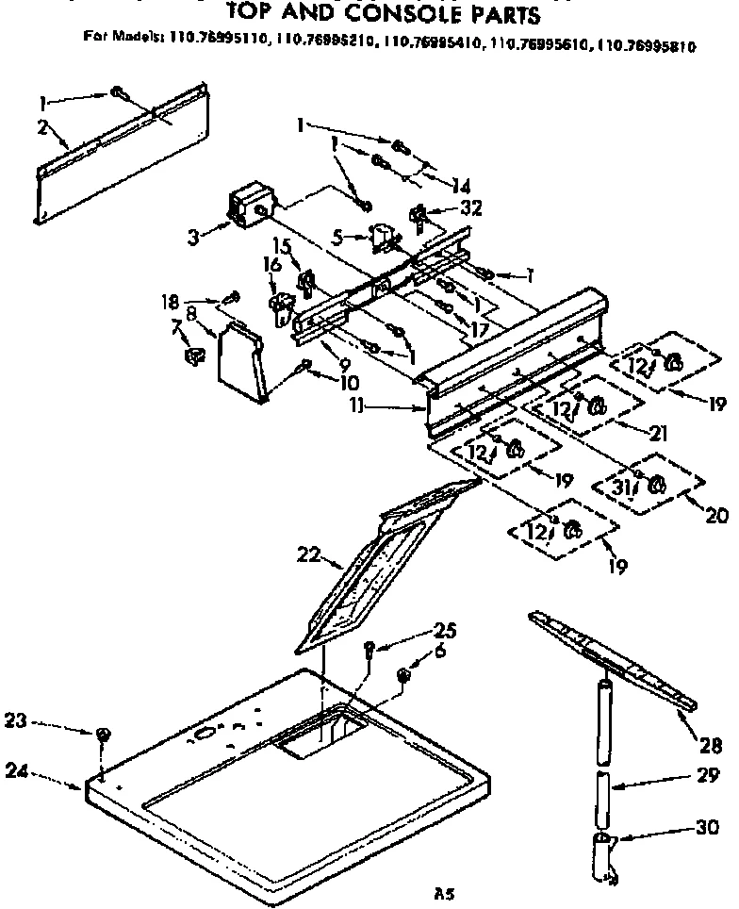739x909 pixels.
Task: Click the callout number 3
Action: pos(194,239)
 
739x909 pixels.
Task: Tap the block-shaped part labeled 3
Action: pos(250,207)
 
